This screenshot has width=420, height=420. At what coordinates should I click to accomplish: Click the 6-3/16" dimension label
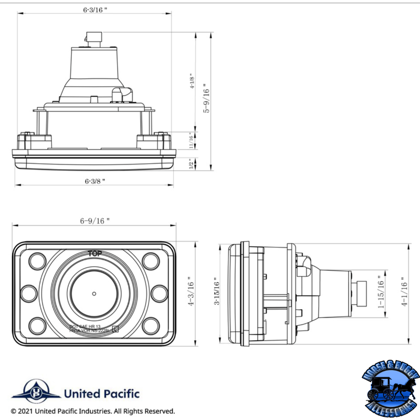[95, 9]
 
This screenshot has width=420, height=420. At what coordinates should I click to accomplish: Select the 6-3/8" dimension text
[95, 181]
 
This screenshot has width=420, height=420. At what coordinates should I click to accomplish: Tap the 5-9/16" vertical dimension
[207, 99]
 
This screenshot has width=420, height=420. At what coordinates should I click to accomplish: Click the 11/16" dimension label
[192, 141]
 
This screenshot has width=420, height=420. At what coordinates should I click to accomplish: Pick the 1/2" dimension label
[192, 164]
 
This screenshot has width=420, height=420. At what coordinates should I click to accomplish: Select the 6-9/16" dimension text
[95, 221]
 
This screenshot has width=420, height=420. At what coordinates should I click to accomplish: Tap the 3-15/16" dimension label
[216, 292]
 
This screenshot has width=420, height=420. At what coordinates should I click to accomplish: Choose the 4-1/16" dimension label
[404, 292]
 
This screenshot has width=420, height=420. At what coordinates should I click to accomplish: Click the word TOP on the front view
[95, 254]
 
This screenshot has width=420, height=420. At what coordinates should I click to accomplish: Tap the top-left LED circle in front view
[38, 260]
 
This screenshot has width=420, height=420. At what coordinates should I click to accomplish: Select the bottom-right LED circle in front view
[151, 325]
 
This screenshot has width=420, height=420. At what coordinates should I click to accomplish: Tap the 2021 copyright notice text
[93, 411]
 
